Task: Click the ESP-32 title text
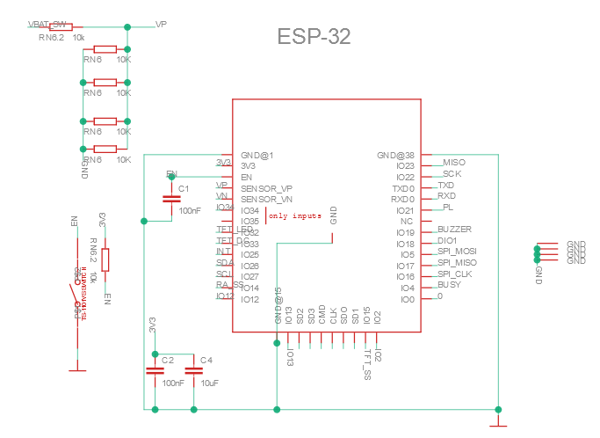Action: pos(314,37)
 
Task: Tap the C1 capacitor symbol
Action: pos(172,200)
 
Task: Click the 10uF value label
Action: pos(210,383)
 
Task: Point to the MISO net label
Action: pos(454,163)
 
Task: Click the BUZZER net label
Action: pos(454,230)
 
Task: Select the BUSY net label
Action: pos(449,285)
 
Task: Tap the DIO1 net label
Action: pos(447,240)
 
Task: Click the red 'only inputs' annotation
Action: pos(295,215)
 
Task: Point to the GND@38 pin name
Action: pos(395,156)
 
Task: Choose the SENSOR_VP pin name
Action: pos(267,188)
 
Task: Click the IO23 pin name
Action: pos(404,166)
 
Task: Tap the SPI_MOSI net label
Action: pos(457,252)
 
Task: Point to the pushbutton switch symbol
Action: pos(74,298)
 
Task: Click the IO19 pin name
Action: pos(404,233)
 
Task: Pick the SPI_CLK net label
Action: pos(455,274)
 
